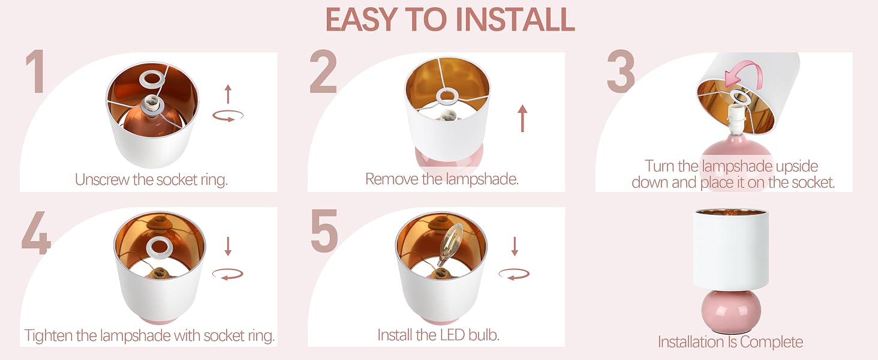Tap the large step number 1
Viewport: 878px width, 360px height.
(x=36, y=72)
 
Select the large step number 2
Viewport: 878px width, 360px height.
(x=323, y=72)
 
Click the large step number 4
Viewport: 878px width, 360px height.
(x=37, y=233)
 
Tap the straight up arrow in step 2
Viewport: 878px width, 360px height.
(x=522, y=118)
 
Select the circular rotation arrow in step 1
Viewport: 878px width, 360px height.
(x=228, y=116)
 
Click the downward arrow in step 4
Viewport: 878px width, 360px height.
(x=228, y=246)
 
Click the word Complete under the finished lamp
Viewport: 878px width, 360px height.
(x=771, y=343)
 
